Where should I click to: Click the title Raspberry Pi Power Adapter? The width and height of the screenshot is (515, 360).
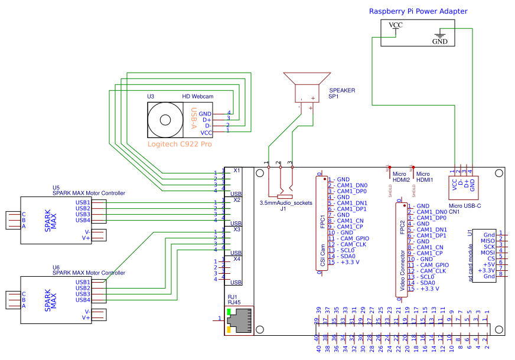pos(418,11)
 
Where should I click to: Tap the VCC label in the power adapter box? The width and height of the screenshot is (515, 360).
pos(396,25)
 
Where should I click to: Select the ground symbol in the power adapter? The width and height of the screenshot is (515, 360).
pos(440,33)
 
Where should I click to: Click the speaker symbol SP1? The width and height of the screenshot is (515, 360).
pos(307,88)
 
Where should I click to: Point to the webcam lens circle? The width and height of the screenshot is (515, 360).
pos(165,120)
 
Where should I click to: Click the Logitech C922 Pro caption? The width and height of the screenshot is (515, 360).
pos(180,144)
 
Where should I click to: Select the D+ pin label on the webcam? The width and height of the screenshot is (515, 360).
pos(207,120)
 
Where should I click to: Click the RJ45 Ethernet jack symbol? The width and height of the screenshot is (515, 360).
pos(239,320)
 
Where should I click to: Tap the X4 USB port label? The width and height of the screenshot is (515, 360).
pos(237,259)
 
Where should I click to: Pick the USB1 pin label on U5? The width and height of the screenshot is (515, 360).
pos(83,202)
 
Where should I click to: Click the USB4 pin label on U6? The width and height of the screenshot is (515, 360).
pos(83,300)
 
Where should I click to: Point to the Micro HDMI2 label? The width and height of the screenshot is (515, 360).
pos(402,177)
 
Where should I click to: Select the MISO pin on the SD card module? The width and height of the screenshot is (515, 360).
pos(488,241)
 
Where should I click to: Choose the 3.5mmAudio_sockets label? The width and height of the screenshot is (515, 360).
pos(286,203)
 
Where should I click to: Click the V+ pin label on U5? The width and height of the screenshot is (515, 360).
pos(86,238)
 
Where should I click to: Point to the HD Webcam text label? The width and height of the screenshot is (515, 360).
pos(198,96)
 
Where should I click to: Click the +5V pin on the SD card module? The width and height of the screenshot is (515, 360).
pos(489,264)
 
